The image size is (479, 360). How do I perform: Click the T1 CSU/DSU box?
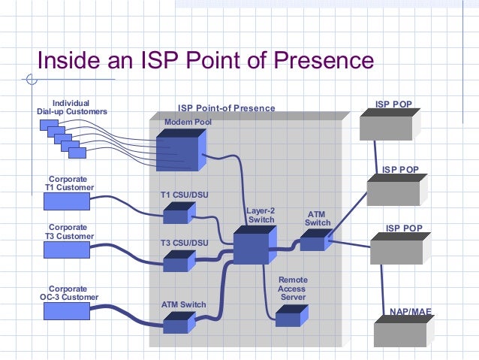tap(177, 215)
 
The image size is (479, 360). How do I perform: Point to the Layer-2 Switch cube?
tap(254, 246)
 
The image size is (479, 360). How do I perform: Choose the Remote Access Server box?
tap(288, 317)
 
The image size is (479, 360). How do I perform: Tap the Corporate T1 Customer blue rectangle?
tap(67, 201)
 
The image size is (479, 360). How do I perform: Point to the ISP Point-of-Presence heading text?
tap(226, 108)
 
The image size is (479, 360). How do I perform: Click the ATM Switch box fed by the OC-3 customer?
tap(177, 324)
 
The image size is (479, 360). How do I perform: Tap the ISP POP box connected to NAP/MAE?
tap(399, 248)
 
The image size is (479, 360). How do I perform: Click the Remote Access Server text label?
tap(293, 289)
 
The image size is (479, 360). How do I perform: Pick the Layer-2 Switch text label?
tap(261, 215)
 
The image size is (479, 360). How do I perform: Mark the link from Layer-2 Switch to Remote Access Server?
tap(266, 289)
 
